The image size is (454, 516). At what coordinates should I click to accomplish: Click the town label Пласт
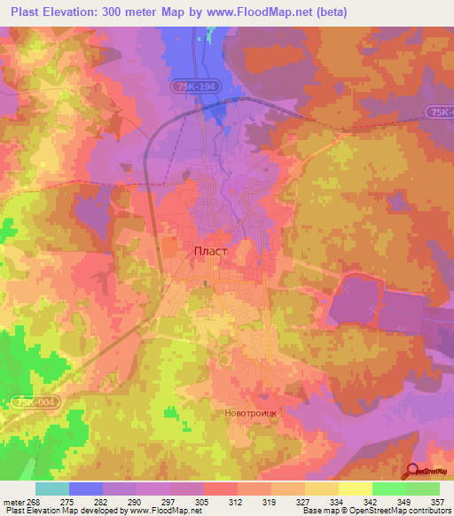coord(210,251)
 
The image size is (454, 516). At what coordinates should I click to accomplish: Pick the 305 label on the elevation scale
coord(203,501)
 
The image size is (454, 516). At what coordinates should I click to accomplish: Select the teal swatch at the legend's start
coord(51,489)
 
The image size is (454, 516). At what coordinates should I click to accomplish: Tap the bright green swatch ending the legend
coord(422,489)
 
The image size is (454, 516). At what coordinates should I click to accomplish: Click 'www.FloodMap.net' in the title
coord(256,12)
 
